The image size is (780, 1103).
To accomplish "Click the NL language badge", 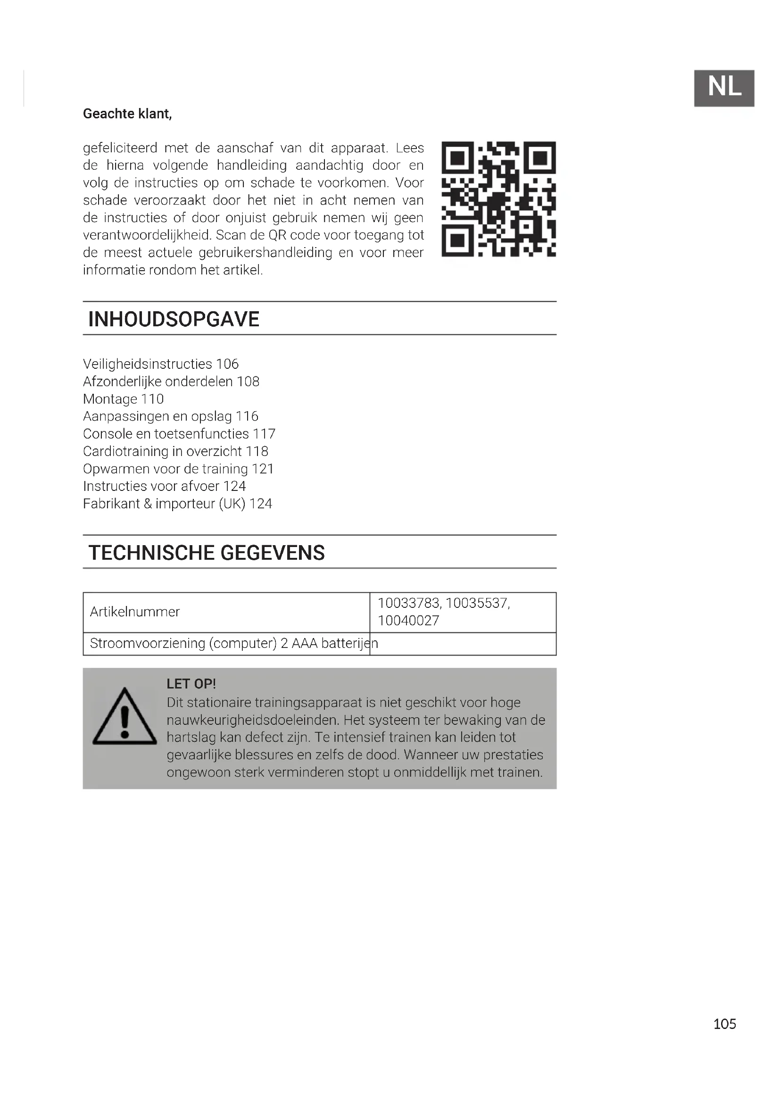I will (x=724, y=88).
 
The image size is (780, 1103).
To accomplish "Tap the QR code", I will (x=498, y=199).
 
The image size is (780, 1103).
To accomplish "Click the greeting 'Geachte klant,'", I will (x=127, y=114).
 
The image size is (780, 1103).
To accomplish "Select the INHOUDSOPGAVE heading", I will (x=174, y=319).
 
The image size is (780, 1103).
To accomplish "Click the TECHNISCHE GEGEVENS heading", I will (x=207, y=553).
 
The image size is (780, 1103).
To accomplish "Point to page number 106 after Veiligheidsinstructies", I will (x=227, y=364).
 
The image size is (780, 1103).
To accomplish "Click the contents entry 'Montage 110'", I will (x=124, y=399).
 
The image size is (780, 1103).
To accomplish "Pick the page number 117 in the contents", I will (x=264, y=434).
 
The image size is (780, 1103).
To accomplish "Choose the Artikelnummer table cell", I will (x=135, y=612).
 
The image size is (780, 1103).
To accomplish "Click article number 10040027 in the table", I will (x=408, y=621).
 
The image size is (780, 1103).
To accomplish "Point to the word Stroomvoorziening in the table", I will (x=148, y=643).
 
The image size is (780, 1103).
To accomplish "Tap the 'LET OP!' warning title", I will (x=191, y=684).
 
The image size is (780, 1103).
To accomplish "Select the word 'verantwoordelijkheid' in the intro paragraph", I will (x=147, y=235).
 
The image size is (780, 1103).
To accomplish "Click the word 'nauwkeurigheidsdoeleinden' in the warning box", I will (x=253, y=720).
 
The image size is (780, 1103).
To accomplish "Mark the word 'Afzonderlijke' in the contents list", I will (x=122, y=382).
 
